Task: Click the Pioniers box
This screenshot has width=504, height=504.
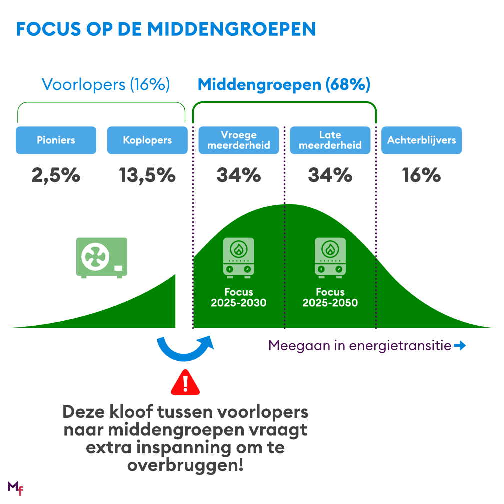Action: click(x=56, y=140)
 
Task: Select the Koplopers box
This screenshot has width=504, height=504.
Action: click(x=147, y=140)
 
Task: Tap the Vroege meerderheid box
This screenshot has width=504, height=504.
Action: click(x=239, y=140)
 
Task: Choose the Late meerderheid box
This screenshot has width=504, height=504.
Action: click(x=330, y=140)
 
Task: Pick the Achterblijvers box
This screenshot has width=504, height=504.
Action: click(x=421, y=140)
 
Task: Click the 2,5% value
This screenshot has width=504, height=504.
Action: click(x=56, y=175)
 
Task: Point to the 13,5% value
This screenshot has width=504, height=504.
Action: click(x=147, y=175)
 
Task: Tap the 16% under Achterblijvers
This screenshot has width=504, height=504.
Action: click(x=421, y=175)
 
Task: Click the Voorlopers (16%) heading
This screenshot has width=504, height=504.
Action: click(x=106, y=85)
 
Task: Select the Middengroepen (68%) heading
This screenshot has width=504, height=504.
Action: click(x=284, y=85)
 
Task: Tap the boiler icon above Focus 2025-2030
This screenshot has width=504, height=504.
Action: click(x=238, y=257)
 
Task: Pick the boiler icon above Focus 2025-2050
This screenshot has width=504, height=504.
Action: click(x=330, y=257)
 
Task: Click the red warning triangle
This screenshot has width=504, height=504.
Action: click(x=185, y=383)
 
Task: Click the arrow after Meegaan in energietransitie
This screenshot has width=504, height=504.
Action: click(x=460, y=346)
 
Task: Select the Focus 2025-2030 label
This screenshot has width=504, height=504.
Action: click(x=238, y=297)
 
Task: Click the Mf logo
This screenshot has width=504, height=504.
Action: click(x=15, y=488)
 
